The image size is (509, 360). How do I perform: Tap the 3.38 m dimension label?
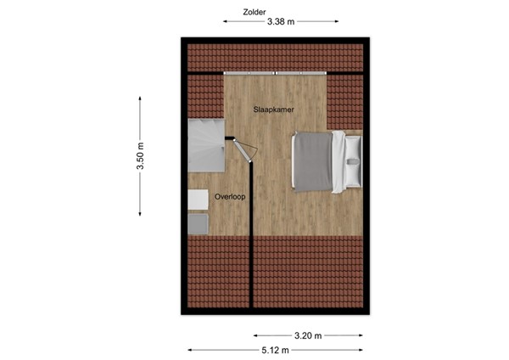(x=280, y=22)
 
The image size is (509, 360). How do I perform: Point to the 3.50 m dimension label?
(x=141, y=156)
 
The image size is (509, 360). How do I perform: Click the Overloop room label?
(x=230, y=196)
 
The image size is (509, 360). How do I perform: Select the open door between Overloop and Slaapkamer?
(x=245, y=150)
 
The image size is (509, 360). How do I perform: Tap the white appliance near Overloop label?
(x=199, y=199)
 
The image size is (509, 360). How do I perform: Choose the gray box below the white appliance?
(x=199, y=223)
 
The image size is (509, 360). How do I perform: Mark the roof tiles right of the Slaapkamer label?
(x=344, y=102)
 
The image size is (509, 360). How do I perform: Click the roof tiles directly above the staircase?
(x=204, y=98)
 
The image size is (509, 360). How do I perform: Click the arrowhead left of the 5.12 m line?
(x=191, y=350)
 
